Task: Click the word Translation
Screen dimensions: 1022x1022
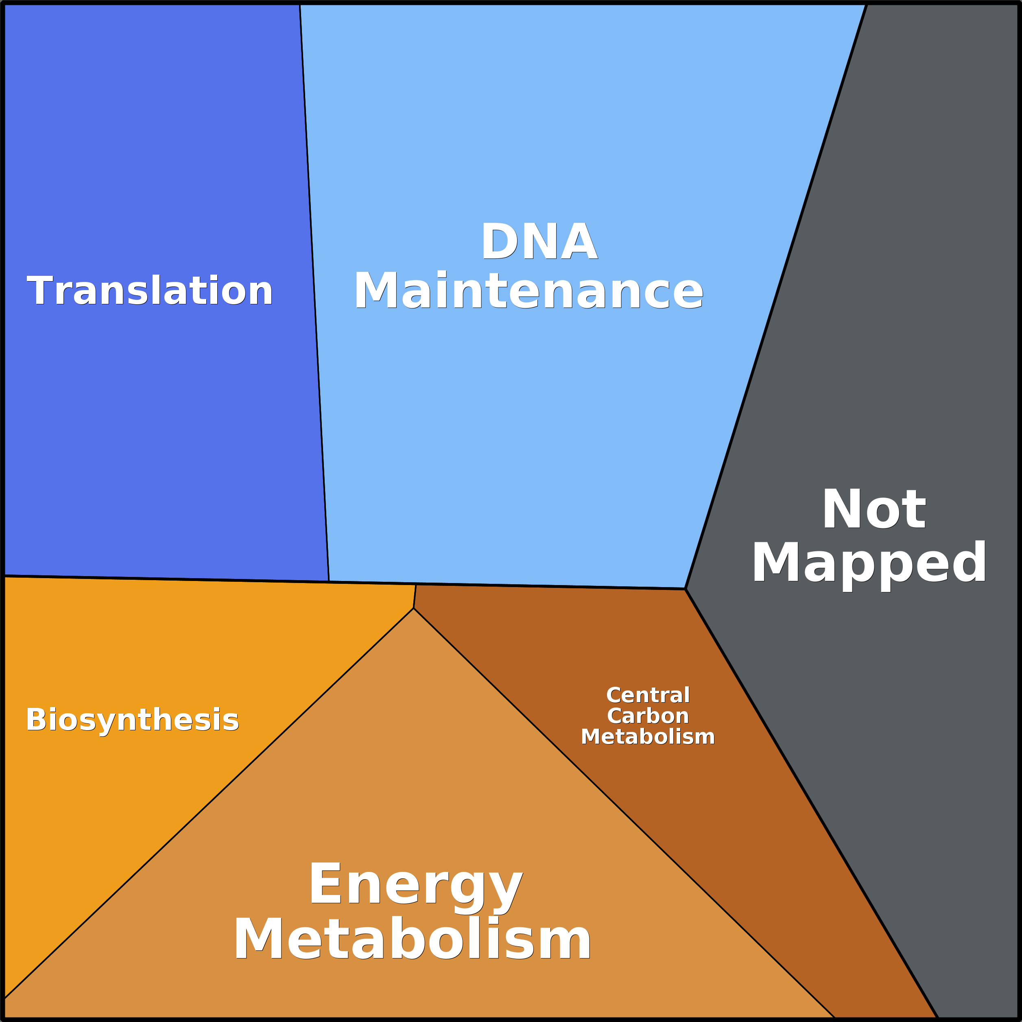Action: pyautogui.click(x=150, y=290)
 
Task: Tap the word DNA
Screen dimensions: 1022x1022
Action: pyautogui.click(x=539, y=242)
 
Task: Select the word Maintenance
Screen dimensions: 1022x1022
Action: pyautogui.click(x=528, y=290)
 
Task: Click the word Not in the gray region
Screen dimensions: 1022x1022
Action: pyautogui.click(x=874, y=509)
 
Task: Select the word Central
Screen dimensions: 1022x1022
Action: pyautogui.click(x=648, y=695)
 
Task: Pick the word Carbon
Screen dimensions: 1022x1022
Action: pyautogui.click(x=648, y=716)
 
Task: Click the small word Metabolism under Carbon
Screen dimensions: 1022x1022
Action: pyautogui.click(x=648, y=736)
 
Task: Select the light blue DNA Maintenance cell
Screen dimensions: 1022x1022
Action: pyautogui.click(x=529, y=423)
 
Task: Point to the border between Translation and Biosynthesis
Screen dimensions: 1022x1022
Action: pyautogui.click(x=159, y=579)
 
